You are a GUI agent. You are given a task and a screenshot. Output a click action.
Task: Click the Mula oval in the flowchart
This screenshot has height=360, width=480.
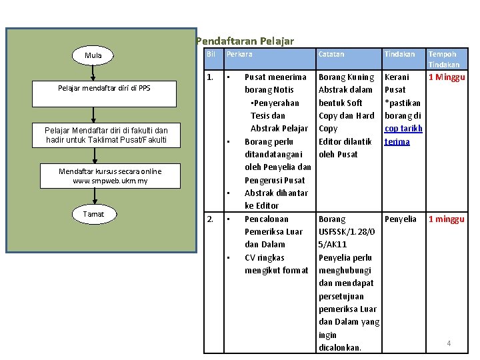93,55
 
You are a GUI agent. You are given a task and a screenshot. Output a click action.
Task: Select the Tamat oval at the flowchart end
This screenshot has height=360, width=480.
94,214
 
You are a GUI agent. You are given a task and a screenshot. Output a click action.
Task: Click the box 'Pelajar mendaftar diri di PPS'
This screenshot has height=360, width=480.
104,94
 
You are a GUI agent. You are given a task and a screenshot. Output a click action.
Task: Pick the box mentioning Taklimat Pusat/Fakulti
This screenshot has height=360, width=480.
106,135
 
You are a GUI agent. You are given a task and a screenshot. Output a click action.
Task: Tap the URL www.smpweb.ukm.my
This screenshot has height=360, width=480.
110,181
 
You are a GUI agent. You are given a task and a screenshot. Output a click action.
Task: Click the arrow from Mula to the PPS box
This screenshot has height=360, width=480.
93,73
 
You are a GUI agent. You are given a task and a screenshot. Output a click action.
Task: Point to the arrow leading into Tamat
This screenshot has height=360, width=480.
95,196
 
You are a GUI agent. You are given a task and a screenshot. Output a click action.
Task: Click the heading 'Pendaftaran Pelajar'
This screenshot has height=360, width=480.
245,41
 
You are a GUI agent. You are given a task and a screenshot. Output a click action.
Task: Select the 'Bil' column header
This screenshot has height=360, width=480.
211,54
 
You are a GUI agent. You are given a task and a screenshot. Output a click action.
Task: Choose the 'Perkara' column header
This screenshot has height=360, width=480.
239,54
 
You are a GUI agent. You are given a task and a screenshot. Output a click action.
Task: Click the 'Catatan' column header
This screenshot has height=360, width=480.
331,54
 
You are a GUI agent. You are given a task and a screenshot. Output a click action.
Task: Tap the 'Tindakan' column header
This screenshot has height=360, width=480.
399,54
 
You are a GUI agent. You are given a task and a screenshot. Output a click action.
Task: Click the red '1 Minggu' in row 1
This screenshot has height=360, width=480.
447,77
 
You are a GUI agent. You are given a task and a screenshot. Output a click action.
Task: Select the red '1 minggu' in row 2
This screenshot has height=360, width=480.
446,219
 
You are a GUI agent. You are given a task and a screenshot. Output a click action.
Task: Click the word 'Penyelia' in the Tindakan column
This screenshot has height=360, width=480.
401,219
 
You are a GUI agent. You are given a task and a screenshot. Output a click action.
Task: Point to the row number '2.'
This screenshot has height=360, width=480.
210,219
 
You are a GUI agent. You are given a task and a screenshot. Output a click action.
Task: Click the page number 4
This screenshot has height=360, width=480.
449,343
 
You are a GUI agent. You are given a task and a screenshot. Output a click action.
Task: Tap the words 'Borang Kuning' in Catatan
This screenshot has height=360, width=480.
346,77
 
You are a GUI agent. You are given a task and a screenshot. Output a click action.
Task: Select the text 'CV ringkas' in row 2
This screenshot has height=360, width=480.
265,258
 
